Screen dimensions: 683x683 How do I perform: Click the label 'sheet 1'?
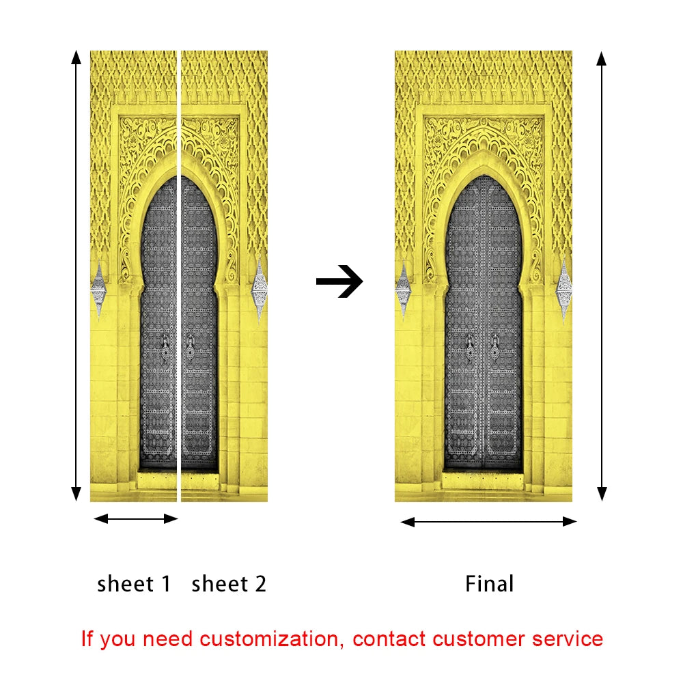134,584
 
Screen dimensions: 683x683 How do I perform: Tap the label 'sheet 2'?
229,584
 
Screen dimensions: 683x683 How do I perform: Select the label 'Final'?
489,584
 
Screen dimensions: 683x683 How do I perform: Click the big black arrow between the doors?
339,281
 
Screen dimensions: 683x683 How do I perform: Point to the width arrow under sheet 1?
135,519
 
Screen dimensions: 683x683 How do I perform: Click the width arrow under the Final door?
488,522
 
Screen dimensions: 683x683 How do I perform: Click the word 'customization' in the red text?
268,639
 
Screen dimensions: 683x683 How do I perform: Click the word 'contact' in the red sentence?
390,639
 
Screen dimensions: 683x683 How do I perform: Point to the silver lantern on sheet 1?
99,289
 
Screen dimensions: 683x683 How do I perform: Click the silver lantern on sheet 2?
260,290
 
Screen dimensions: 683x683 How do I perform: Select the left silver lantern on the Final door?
404,290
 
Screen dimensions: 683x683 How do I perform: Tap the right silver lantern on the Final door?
564,290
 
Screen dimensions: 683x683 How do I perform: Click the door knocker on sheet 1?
165,348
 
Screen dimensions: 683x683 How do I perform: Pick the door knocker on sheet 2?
191,348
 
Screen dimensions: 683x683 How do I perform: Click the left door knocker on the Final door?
470,348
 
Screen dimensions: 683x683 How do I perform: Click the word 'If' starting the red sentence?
87,639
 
